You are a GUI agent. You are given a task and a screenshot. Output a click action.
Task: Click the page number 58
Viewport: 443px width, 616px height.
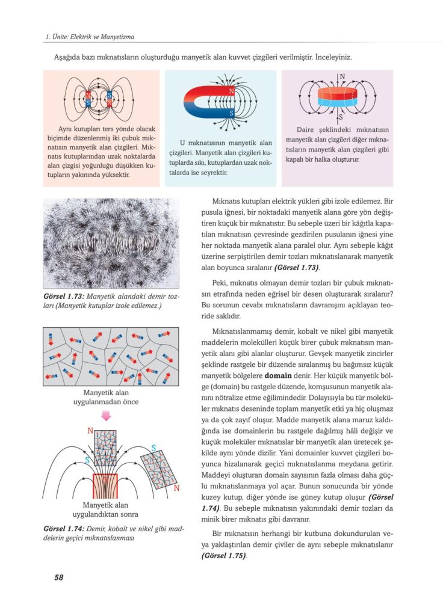click(x=58, y=577)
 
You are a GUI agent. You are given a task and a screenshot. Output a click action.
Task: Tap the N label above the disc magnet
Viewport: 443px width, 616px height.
click(x=342, y=77)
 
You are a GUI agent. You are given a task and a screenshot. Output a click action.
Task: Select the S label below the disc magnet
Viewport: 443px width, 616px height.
click(x=341, y=117)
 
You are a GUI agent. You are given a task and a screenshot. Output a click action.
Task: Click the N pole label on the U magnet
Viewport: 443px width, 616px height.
click(x=232, y=91)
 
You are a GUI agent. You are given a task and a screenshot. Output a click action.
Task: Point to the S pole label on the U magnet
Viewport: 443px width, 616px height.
click(x=232, y=112)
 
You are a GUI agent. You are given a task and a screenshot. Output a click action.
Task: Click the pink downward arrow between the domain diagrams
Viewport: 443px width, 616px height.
click(x=106, y=416)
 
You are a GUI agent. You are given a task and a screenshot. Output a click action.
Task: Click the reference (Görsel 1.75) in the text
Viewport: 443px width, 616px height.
click(x=223, y=556)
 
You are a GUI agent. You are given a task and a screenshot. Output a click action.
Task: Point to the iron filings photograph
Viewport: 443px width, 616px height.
click(x=111, y=243)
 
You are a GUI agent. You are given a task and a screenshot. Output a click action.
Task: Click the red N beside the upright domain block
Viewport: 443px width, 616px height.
click(x=90, y=431)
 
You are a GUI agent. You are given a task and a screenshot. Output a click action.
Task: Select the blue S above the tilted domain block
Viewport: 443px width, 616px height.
click(x=154, y=448)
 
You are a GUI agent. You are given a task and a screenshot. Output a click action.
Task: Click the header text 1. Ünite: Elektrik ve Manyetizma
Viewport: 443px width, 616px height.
click(x=90, y=37)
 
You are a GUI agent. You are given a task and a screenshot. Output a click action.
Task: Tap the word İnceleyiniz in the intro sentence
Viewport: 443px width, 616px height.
click(x=330, y=58)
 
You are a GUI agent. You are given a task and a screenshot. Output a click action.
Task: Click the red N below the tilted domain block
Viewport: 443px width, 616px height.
click(x=176, y=488)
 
